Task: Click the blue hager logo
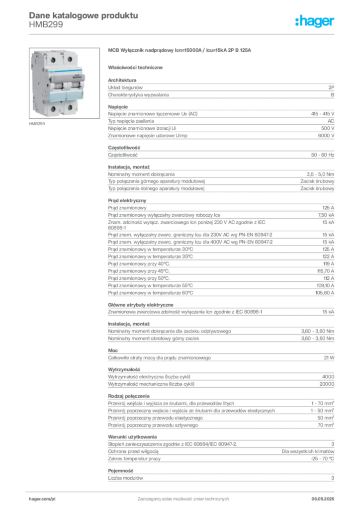[x=315, y=22]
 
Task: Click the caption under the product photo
[x=38, y=124]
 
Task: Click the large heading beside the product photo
[x=181, y=51]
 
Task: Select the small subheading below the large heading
[x=137, y=67]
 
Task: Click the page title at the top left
[x=82, y=15]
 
